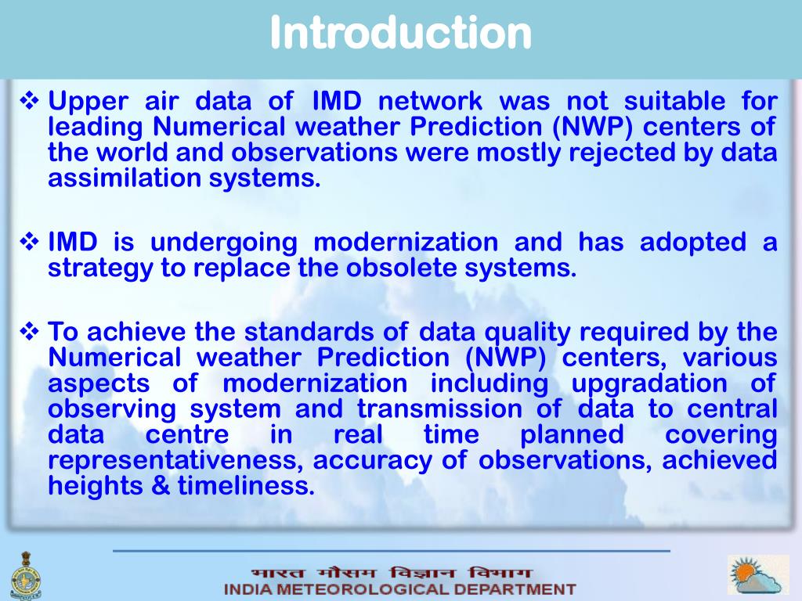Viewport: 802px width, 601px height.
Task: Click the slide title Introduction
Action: point(400,33)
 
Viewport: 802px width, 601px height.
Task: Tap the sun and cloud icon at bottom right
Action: point(757,575)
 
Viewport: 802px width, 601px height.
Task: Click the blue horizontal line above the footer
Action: point(392,551)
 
